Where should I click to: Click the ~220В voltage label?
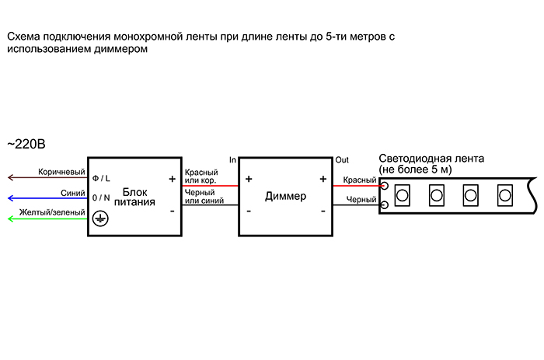26,144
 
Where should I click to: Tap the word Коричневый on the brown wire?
61,171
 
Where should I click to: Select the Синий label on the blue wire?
68,192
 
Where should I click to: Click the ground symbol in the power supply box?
99,219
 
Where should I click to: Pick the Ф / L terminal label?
101,178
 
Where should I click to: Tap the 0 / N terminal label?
101,198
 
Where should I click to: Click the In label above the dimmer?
232,159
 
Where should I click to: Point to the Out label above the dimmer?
342,159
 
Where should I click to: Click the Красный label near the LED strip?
360,180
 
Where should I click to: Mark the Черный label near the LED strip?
361,200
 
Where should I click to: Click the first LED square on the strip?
403,193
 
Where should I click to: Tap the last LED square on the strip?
505,193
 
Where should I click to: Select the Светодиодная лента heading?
431,159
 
